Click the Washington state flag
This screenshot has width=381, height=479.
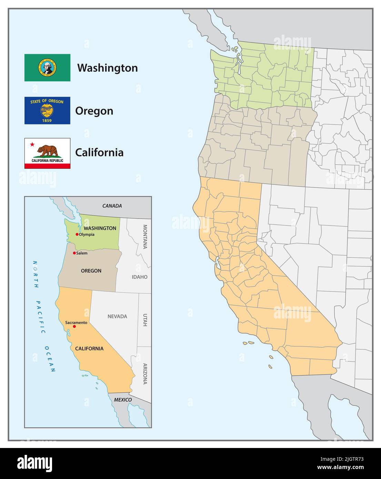tap(47, 68)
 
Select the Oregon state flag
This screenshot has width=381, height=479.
tap(47, 110)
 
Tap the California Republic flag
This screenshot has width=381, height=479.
tap(47, 153)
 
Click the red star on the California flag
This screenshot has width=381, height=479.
tap(32, 144)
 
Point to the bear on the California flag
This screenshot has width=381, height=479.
tap(48, 150)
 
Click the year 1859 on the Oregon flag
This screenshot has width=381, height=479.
tap(47, 121)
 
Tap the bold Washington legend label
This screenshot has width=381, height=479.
tap(107, 68)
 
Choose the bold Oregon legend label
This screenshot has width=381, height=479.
tap(94, 111)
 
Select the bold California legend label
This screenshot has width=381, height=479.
tap(99, 152)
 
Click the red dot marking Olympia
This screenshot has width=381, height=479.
tap(77, 234)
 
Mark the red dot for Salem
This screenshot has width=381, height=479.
tap(74, 253)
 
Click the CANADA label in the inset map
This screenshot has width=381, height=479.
tap(112, 206)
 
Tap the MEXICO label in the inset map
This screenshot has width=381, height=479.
tap(123, 400)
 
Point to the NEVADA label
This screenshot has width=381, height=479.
tap(117, 316)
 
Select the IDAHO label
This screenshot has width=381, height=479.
tap(140, 277)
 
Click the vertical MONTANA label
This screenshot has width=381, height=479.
tap(145, 236)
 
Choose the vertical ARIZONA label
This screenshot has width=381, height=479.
tap(145, 374)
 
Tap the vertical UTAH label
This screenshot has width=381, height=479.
tap(145, 320)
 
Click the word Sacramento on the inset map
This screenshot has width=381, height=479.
tap(76, 323)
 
